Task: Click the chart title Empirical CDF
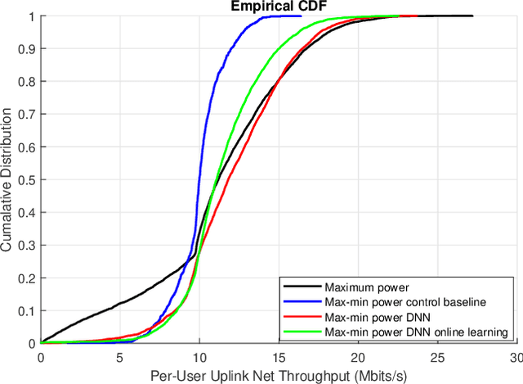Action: (278, 7)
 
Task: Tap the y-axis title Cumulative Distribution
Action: (7, 179)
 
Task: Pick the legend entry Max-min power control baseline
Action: (396, 302)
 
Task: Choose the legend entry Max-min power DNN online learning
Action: (416, 332)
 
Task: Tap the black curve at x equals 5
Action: (120, 303)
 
